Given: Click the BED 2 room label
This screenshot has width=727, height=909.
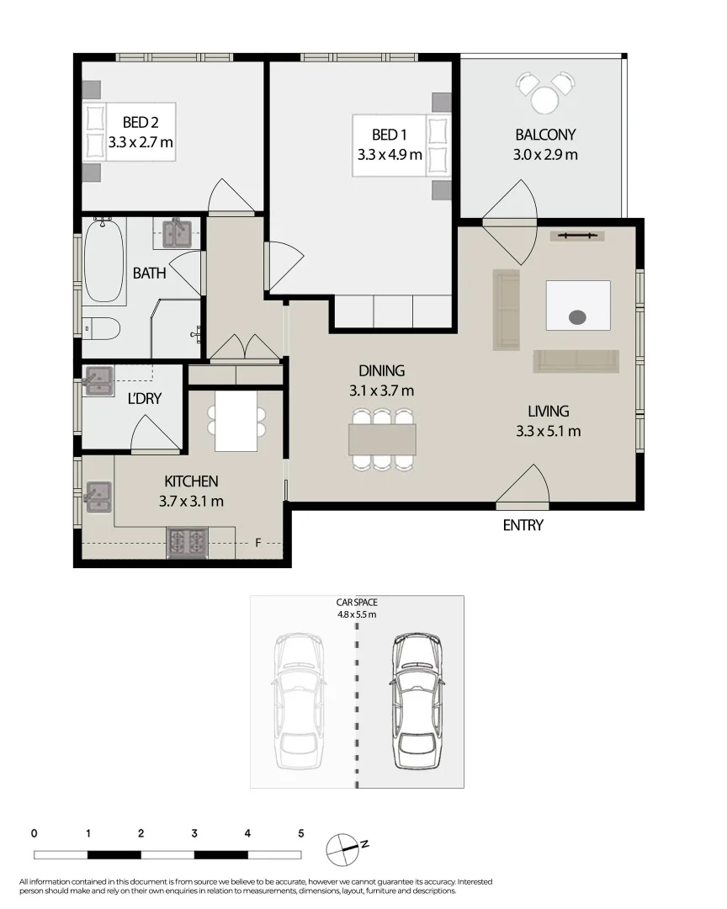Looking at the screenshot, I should tap(141, 123).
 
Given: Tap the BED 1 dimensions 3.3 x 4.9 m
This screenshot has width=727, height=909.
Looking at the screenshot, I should tap(390, 155).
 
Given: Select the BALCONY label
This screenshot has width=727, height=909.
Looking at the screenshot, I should tap(545, 135).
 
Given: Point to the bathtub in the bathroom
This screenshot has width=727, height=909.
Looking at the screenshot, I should tap(104, 261).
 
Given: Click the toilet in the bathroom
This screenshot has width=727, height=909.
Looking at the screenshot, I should tap(101, 327).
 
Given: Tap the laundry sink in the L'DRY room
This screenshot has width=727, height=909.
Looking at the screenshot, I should tap(99, 381).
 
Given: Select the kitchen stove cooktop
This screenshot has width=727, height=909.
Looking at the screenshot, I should tap(188, 542).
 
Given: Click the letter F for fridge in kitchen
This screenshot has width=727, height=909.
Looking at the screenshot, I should tap(258, 543).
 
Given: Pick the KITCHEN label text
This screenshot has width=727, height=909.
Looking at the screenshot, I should tap(191, 481).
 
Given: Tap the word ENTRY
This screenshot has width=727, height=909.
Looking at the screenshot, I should tap(523, 526).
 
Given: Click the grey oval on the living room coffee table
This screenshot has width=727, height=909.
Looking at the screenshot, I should tap(577, 317).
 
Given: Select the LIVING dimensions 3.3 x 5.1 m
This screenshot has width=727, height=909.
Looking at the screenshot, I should tap(549, 432).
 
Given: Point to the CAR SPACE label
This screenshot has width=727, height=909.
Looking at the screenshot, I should tap(357, 603).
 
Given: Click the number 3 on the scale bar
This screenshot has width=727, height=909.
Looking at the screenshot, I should tap(194, 833).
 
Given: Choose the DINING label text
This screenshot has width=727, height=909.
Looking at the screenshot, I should tap(382, 370).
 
